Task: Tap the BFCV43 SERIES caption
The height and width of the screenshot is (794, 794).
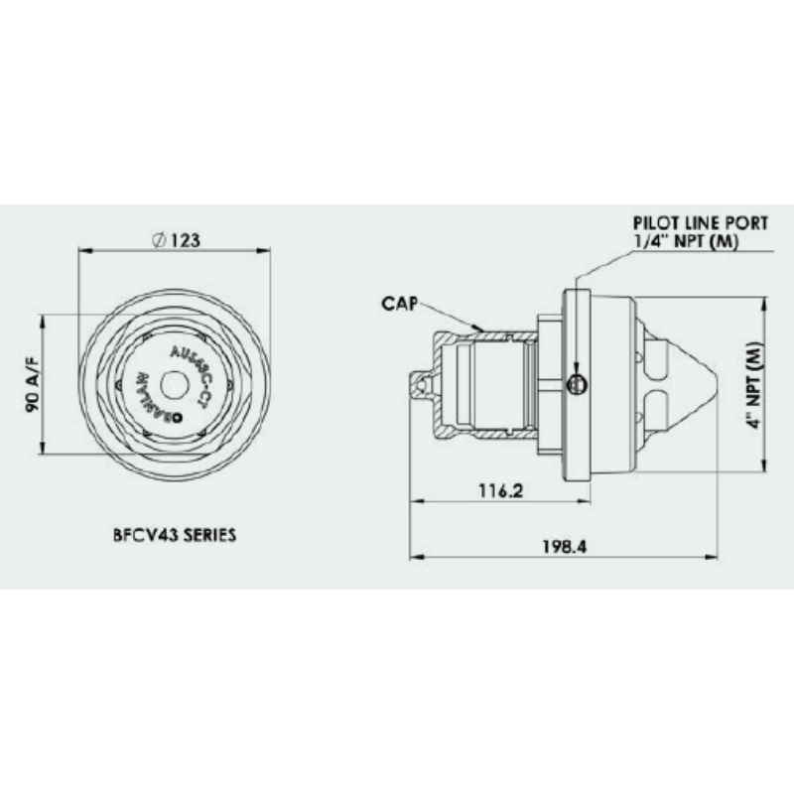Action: (x=174, y=533)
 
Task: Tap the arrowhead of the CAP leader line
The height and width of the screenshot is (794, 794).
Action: (x=481, y=327)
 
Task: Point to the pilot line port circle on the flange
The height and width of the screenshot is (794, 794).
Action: (x=575, y=385)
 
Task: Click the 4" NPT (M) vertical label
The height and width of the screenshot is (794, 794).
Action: (x=753, y=385)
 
